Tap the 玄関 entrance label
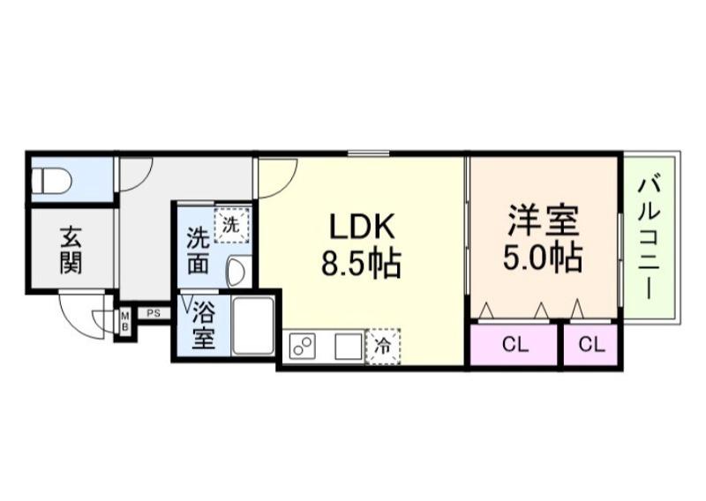point(71,250)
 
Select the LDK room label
point(361,228)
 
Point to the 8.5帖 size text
point(361,262)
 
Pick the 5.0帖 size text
point(543,256)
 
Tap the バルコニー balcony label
point(652,238)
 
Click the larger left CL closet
point(515,345)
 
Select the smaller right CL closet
point(593,345)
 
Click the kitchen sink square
point(347,346)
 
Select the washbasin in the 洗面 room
point(235,272)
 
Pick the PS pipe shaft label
point(153,312)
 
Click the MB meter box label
point(124,320)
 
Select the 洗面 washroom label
point(199,250)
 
